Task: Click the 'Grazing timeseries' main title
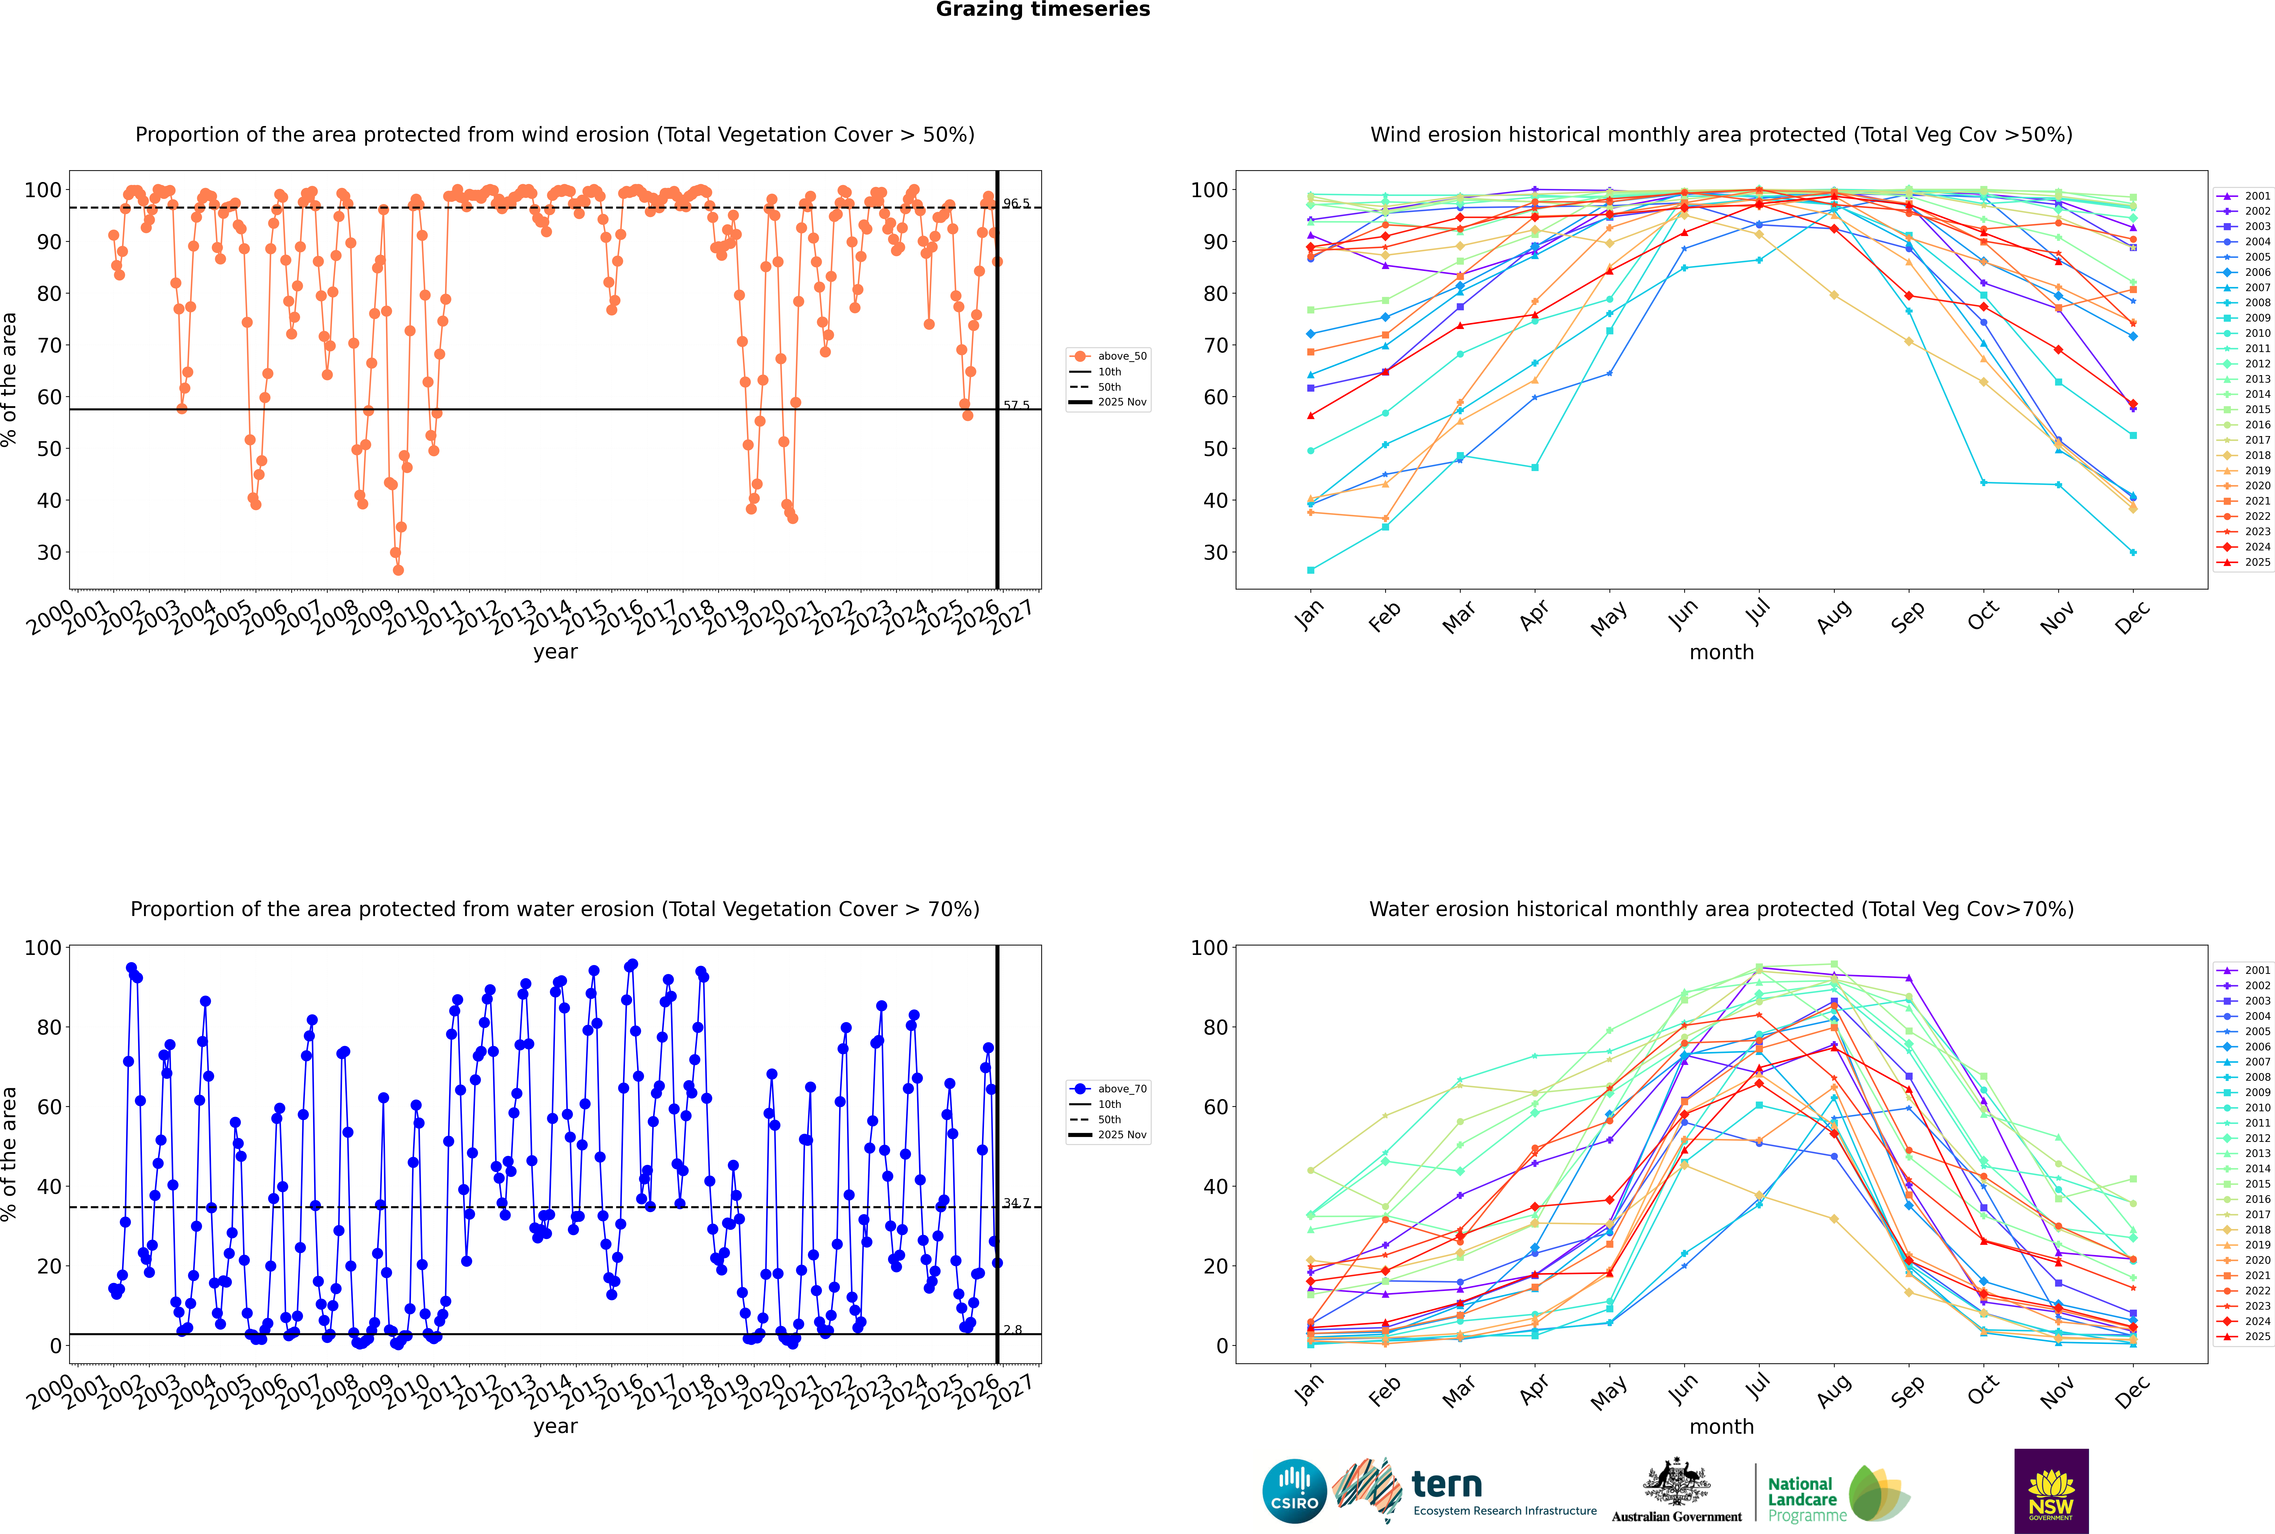click(1043, 10)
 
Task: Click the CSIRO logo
click(1294, 1491)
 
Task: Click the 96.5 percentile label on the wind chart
click(1016, 203)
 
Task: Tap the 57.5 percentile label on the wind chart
click(1016, 405)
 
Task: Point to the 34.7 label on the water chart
click(1016, 1203)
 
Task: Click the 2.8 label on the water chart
click(1012, 1330)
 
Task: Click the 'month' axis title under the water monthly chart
click(1721, 1426)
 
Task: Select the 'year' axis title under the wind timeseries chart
click(556, 652)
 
